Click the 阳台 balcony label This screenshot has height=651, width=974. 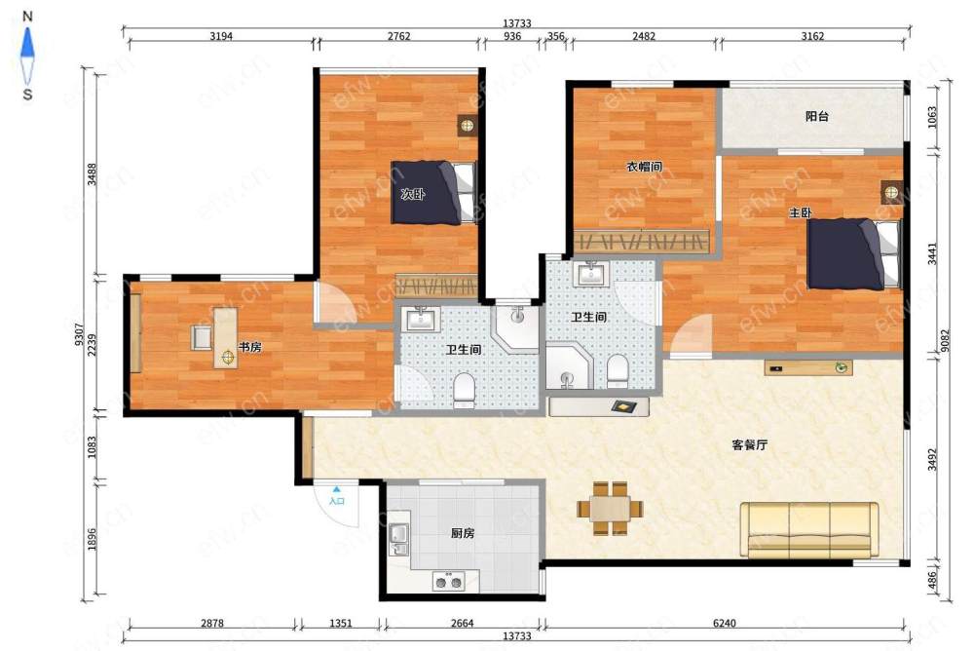816,116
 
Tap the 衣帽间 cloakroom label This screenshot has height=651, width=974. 643,167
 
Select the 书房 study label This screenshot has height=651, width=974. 249,347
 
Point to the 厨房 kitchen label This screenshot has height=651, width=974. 462,533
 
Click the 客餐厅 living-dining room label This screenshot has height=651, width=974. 749,444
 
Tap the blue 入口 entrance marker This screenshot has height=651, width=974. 337,496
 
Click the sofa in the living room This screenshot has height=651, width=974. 809,530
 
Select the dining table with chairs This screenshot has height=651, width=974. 610,509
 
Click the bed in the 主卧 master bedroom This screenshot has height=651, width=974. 854,253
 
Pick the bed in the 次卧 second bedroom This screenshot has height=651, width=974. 433,193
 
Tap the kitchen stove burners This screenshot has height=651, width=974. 448,582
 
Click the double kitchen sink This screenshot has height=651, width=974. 398,540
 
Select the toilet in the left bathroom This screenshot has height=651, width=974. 464,390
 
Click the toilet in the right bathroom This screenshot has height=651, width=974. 617,370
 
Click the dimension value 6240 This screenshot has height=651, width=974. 725,623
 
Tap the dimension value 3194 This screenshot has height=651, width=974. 221,36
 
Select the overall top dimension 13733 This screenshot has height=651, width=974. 517,23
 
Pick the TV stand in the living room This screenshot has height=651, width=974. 808,367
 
